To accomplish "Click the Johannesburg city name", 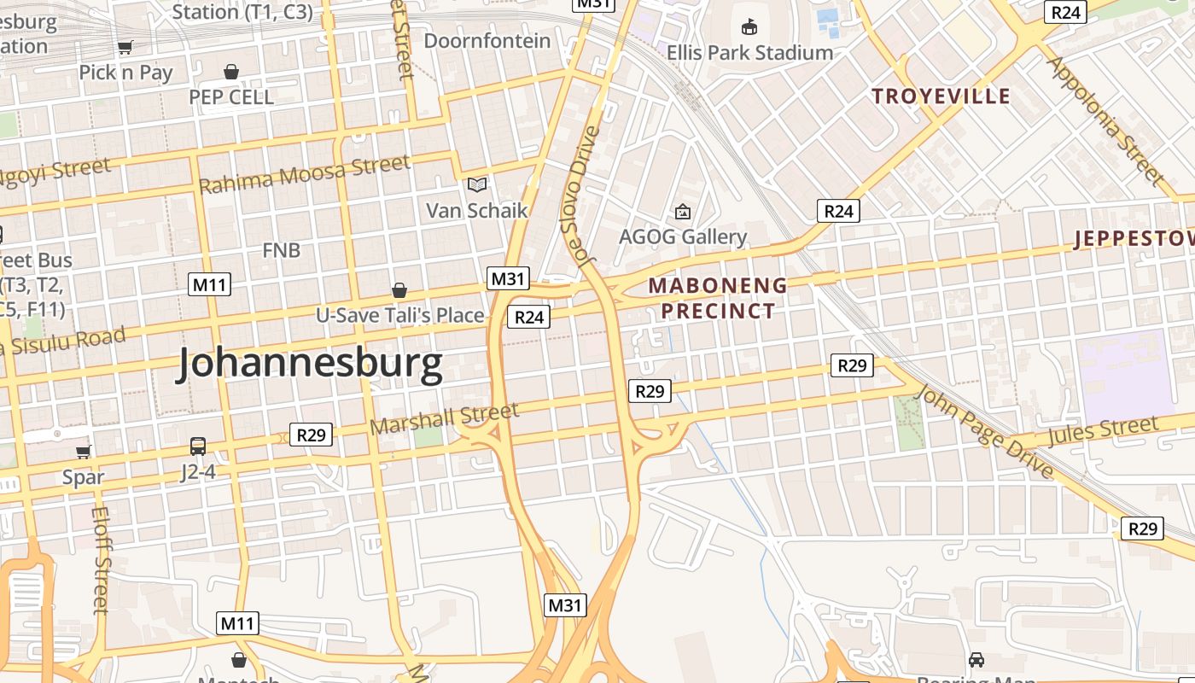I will [x=310, y=364].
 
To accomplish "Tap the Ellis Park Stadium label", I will [x=749, y=52].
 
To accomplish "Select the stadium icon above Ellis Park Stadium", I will [x=749, y=26].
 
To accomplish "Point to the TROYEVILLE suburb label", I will [x=941, y=96].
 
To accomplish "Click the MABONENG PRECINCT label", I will [x=718, y=298].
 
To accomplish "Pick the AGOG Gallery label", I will [x=682, y=236].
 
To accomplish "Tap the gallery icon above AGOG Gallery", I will [x=682, y=211].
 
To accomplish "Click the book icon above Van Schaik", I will [x=477, y=184].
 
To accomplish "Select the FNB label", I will [x=281, y=250].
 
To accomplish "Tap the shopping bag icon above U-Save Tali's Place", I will [x=399, y=290].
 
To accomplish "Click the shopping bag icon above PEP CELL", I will [x=230, y=72].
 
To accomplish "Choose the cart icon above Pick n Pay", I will [x=125, y=48].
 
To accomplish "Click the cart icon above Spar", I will [x=83, y=452].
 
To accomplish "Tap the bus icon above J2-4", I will [x=198, y=446].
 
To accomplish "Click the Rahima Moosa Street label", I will [x=304, y=175].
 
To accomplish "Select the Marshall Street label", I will [x=445, y=418].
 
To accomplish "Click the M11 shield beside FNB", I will [x=209, y=284].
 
